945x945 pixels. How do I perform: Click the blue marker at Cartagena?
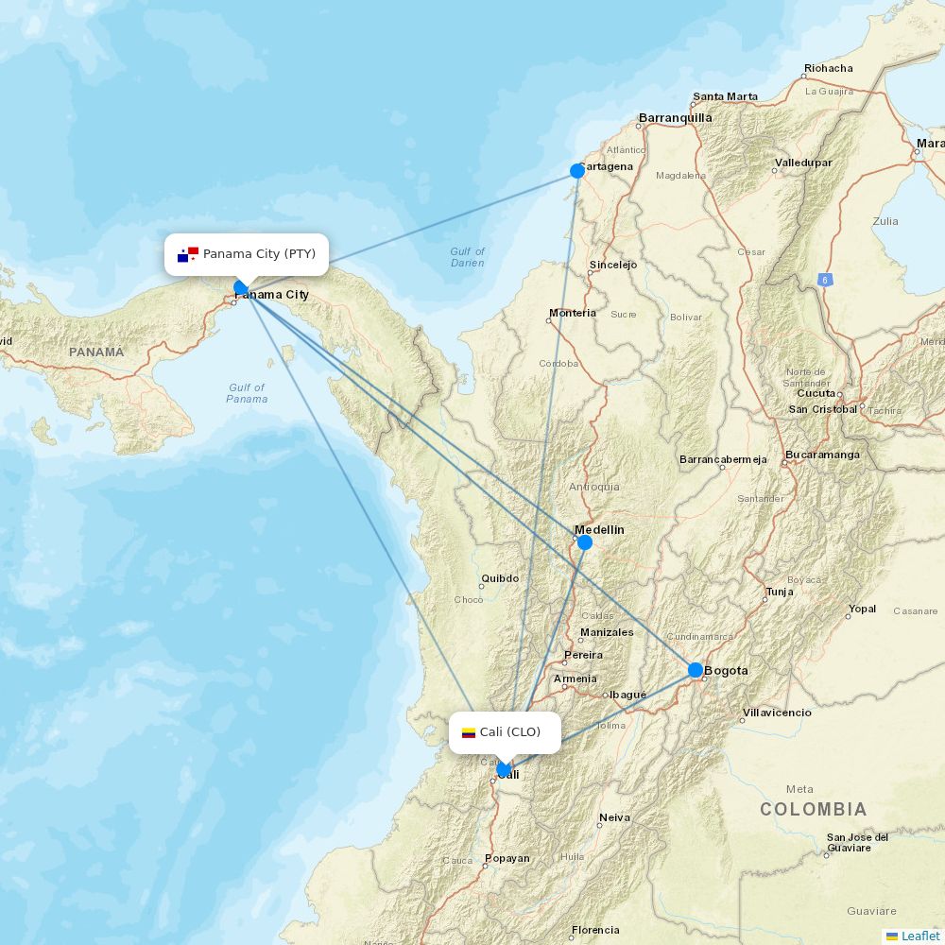click(x=577, y=171)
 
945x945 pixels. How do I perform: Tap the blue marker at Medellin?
click(x=585, y=542)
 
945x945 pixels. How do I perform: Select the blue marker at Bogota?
click(x=696, y=670)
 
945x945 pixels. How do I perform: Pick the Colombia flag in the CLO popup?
click(x=469, y=732)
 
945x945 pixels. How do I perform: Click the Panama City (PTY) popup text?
click(x=259, y=254)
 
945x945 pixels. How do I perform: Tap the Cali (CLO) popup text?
click(x=510, y=732)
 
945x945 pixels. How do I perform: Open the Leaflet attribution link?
click(x=919, y=936)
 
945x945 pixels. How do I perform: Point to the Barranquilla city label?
click(x=676, y=118)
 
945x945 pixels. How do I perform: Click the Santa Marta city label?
click(x=726, y=96)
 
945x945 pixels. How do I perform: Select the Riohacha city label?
click(x=828, y=68)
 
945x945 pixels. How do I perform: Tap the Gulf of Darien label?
click(x=467, y=257)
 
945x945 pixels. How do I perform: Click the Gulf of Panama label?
click(x=247, y=393)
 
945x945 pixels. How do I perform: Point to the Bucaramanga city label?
click(x=822, y=455)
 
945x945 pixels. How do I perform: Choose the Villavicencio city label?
click(x=777, y=713)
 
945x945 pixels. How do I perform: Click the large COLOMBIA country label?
click(x=813, y=809)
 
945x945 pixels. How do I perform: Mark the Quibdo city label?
click(x=500, y=578)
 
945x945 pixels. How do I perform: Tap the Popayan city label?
click(x=507, y=858)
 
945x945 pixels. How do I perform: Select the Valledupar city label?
click(x=803, y=163)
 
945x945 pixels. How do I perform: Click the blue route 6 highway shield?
click(x=826, y=280)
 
